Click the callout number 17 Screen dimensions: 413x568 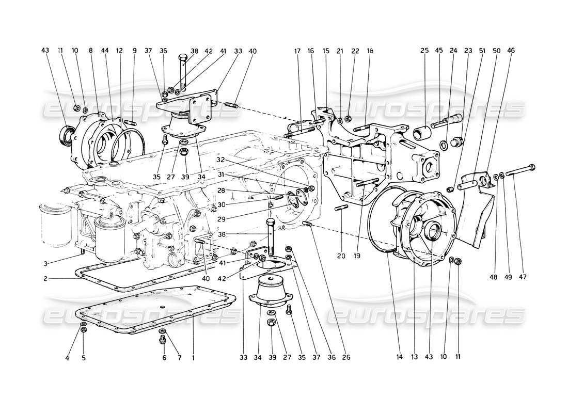[x=297, y=51]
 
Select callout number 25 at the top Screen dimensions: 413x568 [x=424, y=51]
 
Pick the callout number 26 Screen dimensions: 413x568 [x=345, y=357]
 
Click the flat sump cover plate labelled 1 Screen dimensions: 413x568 [x=155, y=310]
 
